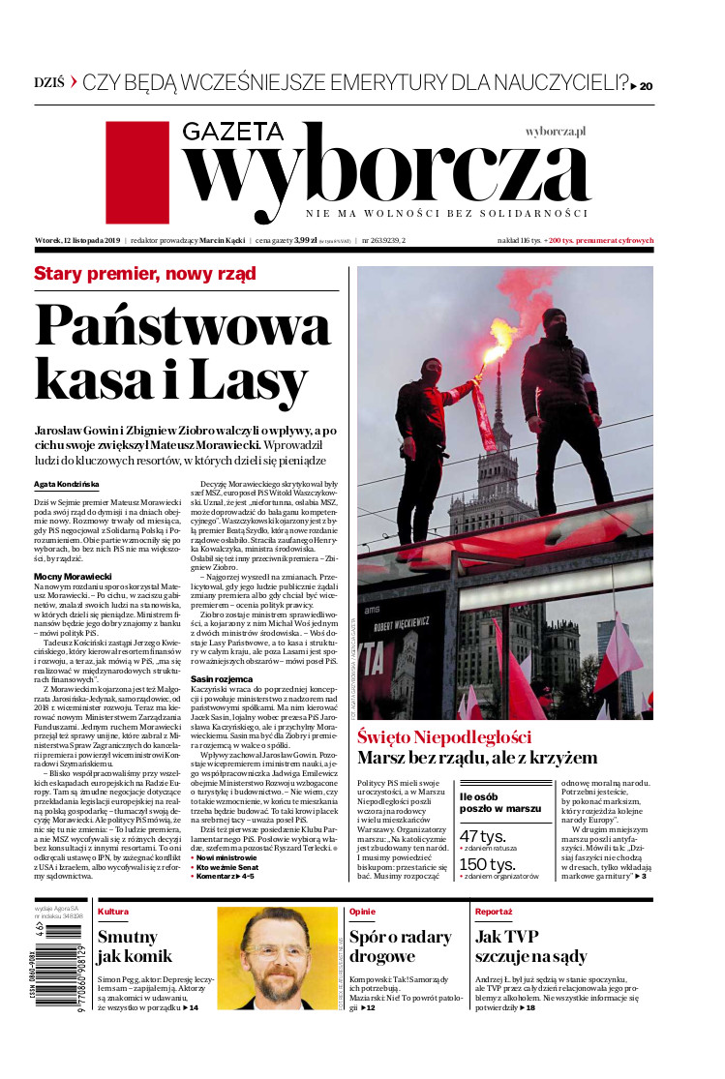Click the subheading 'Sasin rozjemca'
click(x=227, y=734)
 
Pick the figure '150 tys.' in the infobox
click(x=486, y=865)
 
